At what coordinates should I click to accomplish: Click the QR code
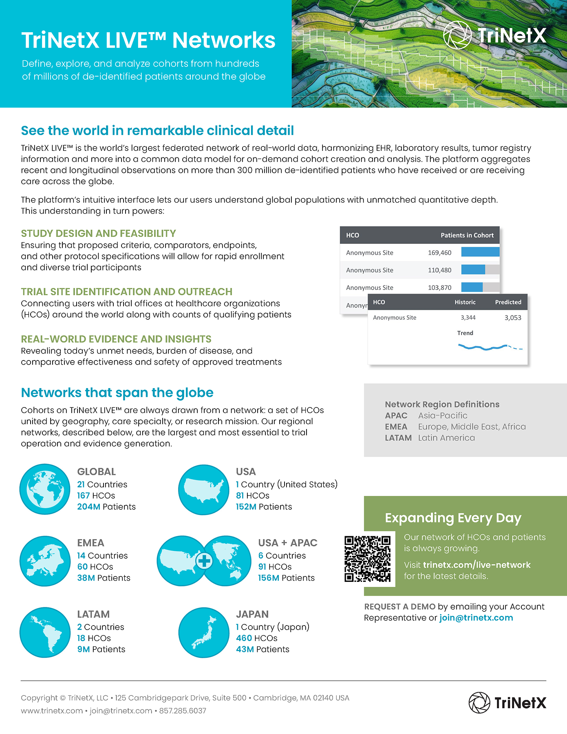pyautogui.click(x=367, y=559)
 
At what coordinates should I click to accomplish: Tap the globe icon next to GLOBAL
pyautogui.click(x=45, y=489)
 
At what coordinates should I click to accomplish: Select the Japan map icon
pyautogui.click(x=204, y=632)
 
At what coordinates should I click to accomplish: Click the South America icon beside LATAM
pyautogui.click(x=45, y=632)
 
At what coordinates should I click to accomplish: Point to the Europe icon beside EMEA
pyautogui.click(x=45, y=561)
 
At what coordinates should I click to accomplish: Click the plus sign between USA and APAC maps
pyautogui.click(x=204, y=561)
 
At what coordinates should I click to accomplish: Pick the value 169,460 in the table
pyautogui.click(x=439, y=253)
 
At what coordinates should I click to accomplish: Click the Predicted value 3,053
pyautogui.click(x=513, y=318)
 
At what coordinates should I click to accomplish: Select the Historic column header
pyautogui.click(x=465, y=302)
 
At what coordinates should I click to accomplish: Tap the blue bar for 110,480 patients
pyautogui.click(x=473, y=270)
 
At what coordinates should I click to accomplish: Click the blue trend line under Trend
pyautogui.click(x=483, y=348)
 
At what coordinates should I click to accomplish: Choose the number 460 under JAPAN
pyautogui.click(x=244, y=638)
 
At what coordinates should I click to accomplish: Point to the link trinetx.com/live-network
pyautogui.click(x=477, y=565)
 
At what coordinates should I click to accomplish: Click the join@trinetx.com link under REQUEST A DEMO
pyautogui.click(x=476, y=618)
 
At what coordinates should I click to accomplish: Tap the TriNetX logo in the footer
pyautogui.click(x=507, y=703)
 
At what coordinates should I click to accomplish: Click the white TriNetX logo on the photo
pyautogui.click(x=494, y=35)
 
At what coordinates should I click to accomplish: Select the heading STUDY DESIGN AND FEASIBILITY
pyautogui.click(x=98, y=233)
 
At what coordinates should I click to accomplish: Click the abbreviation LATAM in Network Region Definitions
pyautogui.click(x=398, y=438)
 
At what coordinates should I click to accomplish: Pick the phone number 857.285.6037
pyautogui.click(x=183, y=711)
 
